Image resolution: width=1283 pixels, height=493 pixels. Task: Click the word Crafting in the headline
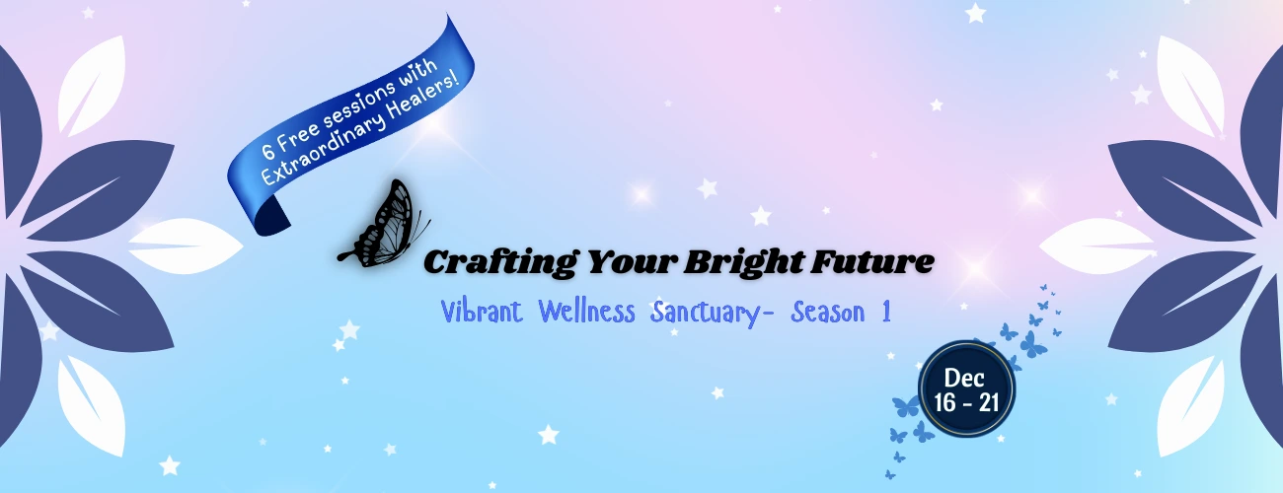500,263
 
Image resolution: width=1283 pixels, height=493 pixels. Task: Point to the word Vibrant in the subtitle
482,312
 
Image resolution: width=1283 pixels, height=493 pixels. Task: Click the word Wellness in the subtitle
586,312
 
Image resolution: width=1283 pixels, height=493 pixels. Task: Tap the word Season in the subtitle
828,313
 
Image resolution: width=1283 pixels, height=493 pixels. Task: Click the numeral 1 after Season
886,313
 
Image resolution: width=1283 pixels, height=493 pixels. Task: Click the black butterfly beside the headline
385,226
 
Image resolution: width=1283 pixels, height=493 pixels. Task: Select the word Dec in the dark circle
964,378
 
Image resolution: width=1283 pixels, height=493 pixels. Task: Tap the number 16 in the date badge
945,402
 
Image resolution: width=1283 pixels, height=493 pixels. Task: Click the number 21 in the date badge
989,402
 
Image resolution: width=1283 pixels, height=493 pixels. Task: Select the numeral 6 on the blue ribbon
267,151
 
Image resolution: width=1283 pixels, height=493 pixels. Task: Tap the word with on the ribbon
418,72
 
